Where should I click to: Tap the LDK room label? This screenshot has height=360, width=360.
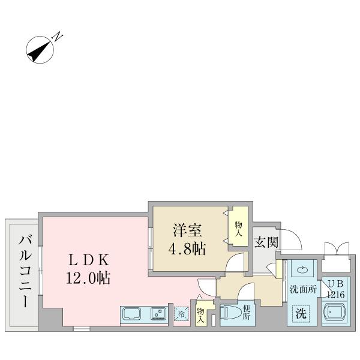coord(88,260)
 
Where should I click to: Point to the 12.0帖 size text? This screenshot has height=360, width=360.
coord(88,278)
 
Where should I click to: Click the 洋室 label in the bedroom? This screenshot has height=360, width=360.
coord(187,230)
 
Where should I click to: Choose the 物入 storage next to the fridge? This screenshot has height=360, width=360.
coord(200,315)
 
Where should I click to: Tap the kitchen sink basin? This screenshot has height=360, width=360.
coord(132,314)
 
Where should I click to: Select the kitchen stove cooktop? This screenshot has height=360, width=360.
coord(158,313)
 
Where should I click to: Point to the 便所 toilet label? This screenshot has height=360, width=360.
coord(246,313)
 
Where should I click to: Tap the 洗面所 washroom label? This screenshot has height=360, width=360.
coord(302,289)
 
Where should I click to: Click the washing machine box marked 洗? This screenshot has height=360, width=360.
coord(302,313)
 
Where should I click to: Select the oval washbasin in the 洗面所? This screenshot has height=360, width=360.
coord(302,271)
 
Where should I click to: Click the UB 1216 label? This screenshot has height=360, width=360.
coord(335,289)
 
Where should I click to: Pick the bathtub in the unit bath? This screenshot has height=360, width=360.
coord(334,313)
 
